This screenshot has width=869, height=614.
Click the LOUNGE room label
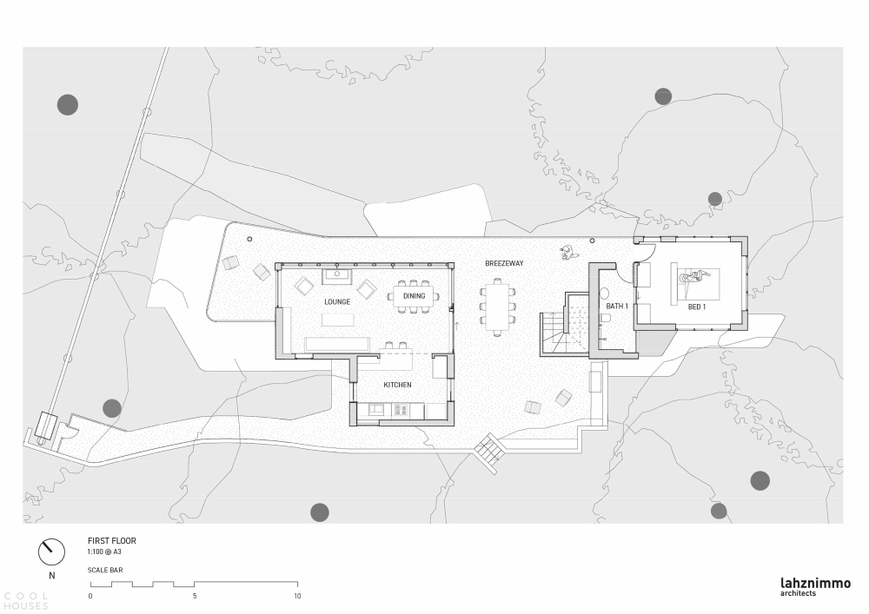pos(337,301)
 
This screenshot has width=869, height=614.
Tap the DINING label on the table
pos(414,296)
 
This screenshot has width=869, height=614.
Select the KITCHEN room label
pos(397,385)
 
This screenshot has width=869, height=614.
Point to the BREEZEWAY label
pos(504,263)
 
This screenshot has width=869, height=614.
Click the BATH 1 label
pos(617,307)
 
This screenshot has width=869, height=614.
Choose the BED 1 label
pos(697,307)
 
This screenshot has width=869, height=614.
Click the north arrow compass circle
pos(51,551)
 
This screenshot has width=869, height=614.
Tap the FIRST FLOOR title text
pos(112,541)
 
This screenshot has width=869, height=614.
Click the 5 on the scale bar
pos(195,597)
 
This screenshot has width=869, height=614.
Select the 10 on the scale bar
pos(297,597)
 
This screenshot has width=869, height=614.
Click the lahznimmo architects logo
pos(815,587)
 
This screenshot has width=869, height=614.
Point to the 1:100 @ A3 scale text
pos(104,552)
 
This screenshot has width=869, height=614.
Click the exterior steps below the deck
pos(490,452)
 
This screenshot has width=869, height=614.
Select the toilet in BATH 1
pos(606,319)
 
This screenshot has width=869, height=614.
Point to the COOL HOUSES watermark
pos(25,601)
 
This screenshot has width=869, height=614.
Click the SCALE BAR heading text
pos(105,571)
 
